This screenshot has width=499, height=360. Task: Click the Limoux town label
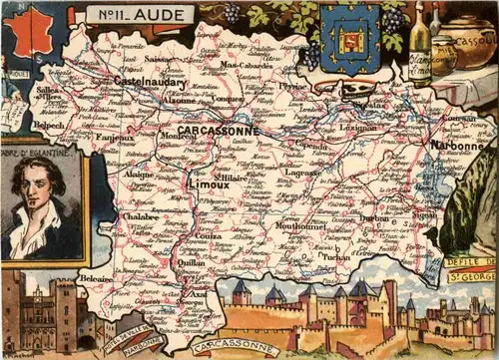(208, 184)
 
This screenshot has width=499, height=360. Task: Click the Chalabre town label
(140, 214)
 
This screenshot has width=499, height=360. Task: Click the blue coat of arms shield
(349, 38)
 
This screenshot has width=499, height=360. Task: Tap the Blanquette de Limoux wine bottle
(419, 44)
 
